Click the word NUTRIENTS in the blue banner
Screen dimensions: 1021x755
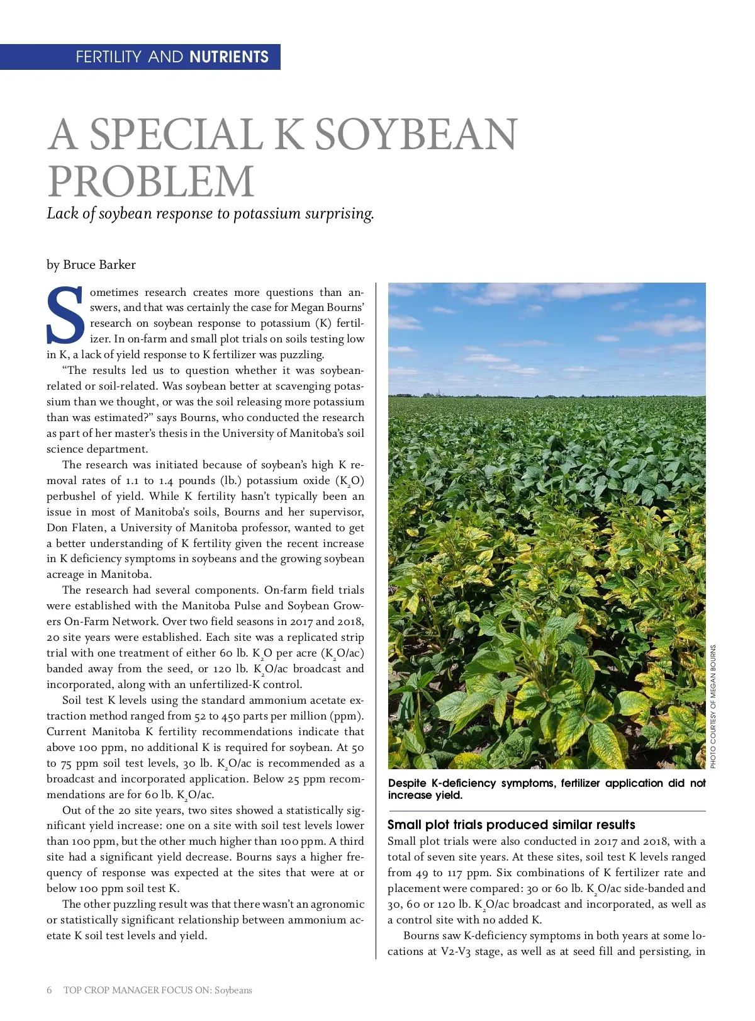229,57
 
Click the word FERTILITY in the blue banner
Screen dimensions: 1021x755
109,57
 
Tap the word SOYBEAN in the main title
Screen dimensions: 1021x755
415,135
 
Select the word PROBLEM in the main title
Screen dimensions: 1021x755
151,181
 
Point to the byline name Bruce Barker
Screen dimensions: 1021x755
99,264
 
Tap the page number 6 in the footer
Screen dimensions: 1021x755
49,990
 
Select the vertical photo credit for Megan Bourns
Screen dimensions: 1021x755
713,706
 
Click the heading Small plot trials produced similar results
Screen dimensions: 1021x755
511,825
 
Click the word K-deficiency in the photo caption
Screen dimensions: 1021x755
464,783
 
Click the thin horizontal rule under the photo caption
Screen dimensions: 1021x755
546,811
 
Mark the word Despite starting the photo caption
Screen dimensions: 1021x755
407,783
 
